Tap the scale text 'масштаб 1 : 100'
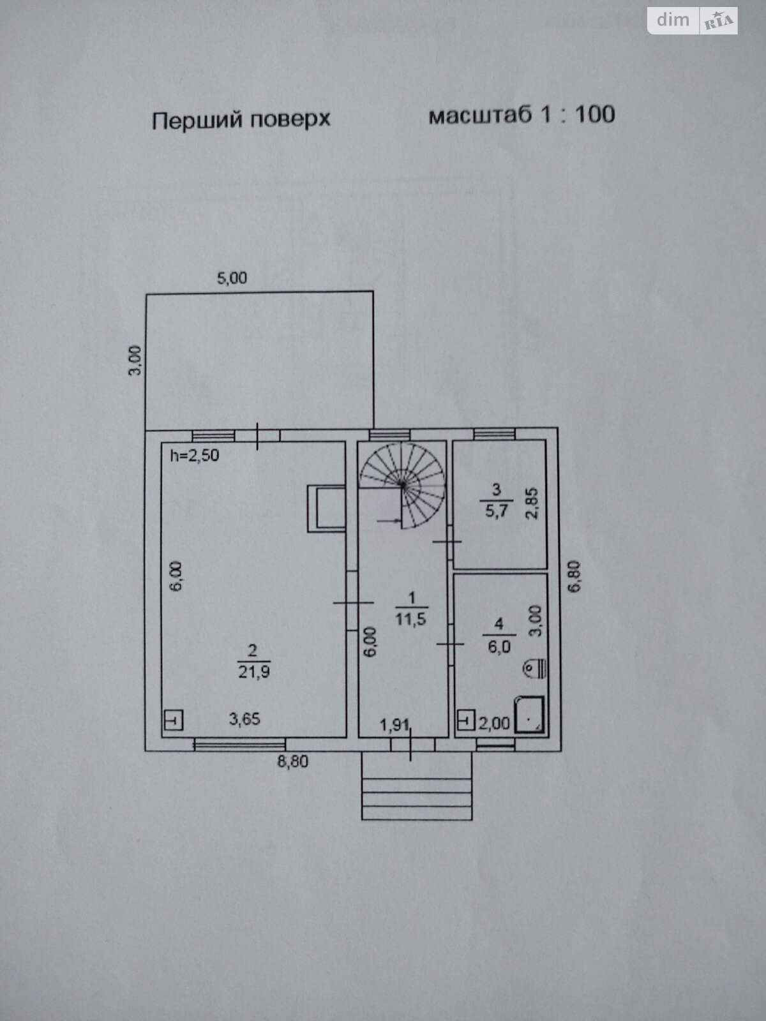(x=522, y=114)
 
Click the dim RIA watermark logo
(x=692, y=21)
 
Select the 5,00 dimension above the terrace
(x=232, y=278)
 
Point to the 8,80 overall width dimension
(x=292, y=761)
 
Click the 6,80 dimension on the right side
(x=575, y=576)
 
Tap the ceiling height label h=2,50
(x=195, y=455)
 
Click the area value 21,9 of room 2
(x=254, y=672)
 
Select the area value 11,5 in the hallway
(x=410, y=619)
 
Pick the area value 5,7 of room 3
(x=496, y=511)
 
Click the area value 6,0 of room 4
(x=499, y=647)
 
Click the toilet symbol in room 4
(x=535, y=669)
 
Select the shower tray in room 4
(x=529, y=715)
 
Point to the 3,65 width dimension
(x=244, y=719)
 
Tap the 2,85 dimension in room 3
(x=532, y=503)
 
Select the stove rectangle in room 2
(x=326, y=508)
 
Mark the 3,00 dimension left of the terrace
(x=135, y=361)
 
